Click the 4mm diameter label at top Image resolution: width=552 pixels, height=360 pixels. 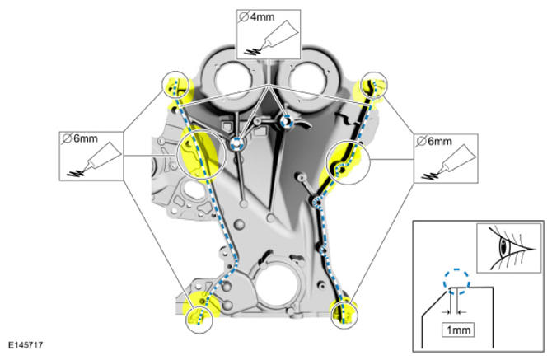tap(256, 17)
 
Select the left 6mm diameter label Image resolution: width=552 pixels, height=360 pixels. tap(80, 138)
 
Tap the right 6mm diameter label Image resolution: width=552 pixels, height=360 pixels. tap(433, 142)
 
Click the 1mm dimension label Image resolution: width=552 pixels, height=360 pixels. tap(458, 330)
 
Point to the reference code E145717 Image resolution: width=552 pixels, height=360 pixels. tap(26, 345)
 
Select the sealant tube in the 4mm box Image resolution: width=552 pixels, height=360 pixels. tap(274, 38)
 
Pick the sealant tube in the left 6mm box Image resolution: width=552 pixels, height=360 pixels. tap(95, 160)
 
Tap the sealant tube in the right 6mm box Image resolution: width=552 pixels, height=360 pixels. tap(450, 162)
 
